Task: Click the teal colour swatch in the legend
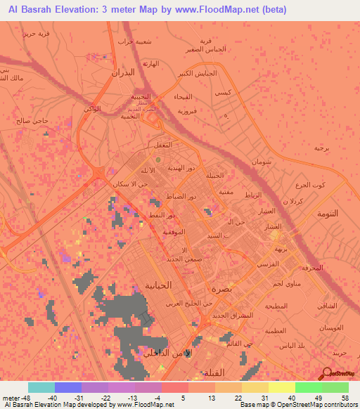(x=41, y=387)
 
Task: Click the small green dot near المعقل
(x=158, y=159)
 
